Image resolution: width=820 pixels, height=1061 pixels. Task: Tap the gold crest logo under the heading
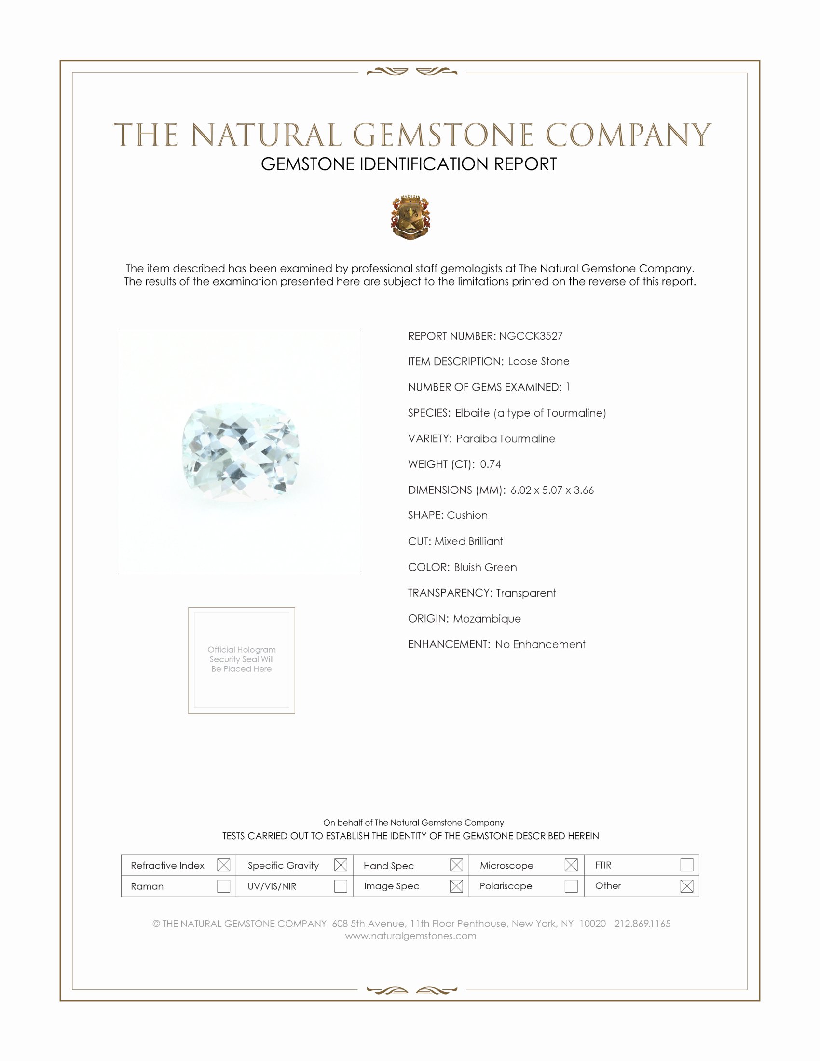[410, 217]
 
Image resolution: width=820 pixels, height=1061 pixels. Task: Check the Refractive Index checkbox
[223, 865]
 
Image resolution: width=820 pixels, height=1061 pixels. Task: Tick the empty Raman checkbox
[223, 886]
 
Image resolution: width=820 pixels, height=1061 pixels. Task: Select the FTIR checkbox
[686, 865]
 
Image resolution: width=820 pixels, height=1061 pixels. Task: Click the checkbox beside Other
[686, 886]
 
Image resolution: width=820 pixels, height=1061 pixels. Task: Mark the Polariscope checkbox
[571, 886]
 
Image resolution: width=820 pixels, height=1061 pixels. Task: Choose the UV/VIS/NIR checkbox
[341, 886]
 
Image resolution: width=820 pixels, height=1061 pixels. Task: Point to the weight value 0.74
[490, 464]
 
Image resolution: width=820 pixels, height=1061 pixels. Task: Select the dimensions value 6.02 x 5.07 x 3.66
[552, 490]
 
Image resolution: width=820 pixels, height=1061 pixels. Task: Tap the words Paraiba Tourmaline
[505, 438]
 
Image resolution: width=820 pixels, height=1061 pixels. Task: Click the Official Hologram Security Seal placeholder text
[242, 659]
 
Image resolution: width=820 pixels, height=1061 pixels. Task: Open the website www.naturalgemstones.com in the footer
[410, 936]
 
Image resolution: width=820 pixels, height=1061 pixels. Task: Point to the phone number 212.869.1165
[642, 924]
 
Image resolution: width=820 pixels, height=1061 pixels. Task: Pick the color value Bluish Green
[485, 567]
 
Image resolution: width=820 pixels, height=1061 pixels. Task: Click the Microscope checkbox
[571, 865]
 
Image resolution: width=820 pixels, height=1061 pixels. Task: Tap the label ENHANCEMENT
[449, 644]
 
